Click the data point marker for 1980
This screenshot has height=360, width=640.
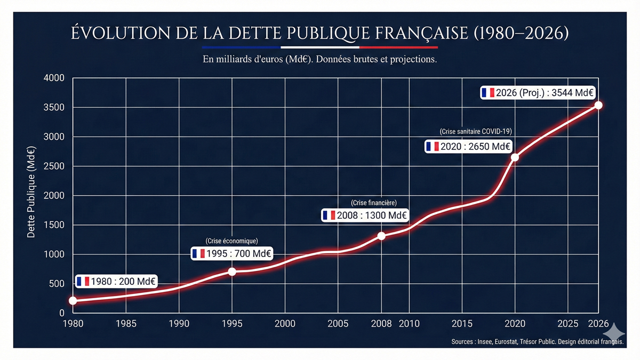coord(73,301)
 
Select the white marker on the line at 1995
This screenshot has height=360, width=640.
coord(232,271)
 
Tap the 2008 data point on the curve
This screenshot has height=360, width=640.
coord(381,236)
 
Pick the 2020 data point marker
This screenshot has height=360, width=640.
coord(515,157)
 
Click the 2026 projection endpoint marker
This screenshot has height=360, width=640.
coord(598,105)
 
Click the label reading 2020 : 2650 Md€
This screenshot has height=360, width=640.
coord(468,146)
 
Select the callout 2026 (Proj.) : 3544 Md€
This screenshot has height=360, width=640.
coord(538,92)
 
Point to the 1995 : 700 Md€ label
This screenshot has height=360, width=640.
coord(232,253)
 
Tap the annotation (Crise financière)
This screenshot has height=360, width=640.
coord(374,203)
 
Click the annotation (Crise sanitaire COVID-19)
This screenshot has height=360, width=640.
coord(476,131)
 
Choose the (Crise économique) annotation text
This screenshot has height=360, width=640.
coord(231,241)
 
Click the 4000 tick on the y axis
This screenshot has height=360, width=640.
coord(53,78)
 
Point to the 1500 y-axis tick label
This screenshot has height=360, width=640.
coord(53,225)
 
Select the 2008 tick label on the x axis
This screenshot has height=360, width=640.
coord(381,324)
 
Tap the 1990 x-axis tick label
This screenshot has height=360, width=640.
coord(179,324)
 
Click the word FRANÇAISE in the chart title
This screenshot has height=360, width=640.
coord(421,33)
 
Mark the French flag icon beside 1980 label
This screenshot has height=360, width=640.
coord(83,282)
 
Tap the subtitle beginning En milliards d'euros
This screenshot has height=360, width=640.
coord(320,59)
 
